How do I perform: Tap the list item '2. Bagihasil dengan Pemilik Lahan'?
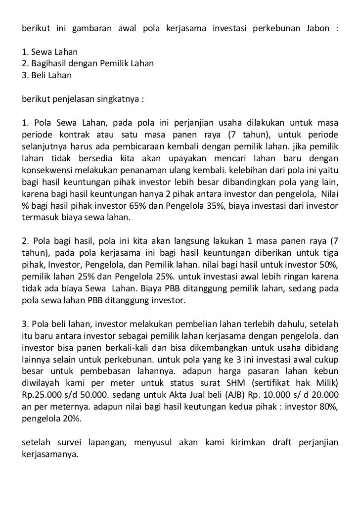coord(88,64)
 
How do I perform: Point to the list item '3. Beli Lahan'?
coord(46,76)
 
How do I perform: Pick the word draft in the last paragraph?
coord(283,441)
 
